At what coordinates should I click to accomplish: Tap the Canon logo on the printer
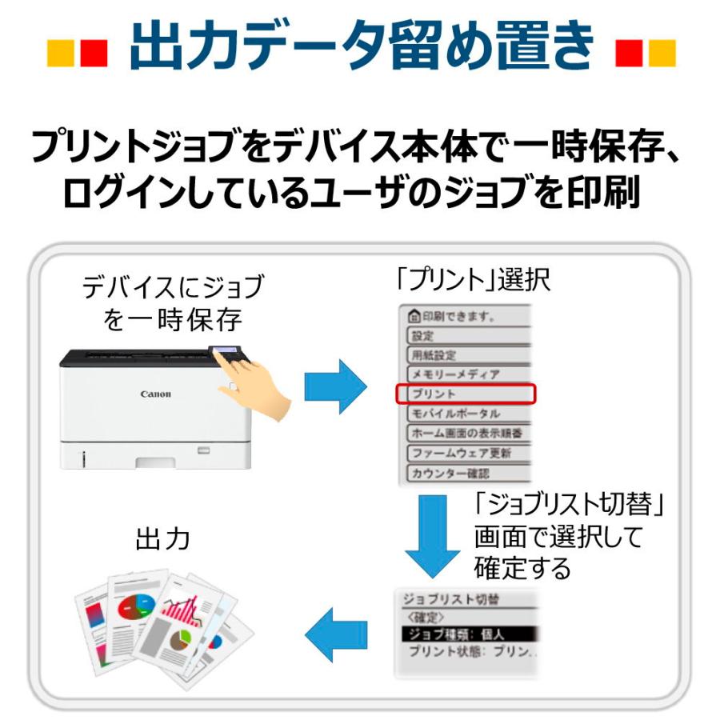pos(155,394)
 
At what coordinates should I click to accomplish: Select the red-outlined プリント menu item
pos(465,394)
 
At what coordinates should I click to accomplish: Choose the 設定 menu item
pos(465,335)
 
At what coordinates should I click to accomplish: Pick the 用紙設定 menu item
pos(465,354)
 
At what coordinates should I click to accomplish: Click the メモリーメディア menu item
pos(465,374)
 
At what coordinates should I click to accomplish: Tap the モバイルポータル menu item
pos(465,414)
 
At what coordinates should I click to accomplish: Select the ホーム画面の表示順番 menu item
pos(465,433)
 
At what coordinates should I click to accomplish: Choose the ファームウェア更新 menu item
pos(465,453)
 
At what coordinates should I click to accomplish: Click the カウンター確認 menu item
pos(465,473)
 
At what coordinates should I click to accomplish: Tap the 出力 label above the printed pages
pos(162,538)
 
